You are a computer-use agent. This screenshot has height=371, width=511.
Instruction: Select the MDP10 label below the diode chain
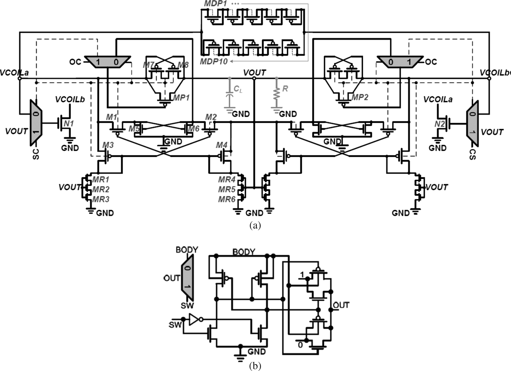click(214, 61)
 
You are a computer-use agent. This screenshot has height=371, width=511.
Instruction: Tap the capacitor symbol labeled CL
click(229, 96)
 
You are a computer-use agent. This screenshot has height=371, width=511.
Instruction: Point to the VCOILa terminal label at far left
click(14, 72)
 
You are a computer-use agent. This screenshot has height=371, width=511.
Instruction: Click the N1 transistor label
click(69, 124)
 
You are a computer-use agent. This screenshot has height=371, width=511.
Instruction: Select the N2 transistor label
click(440, 124)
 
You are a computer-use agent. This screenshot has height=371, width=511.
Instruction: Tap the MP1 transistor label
click(181, 98)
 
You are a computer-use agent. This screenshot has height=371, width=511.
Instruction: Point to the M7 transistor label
click(148, 65)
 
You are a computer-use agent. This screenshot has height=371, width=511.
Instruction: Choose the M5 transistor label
click(134, 129)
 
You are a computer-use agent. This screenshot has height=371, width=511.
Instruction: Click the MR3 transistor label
click(101, 199)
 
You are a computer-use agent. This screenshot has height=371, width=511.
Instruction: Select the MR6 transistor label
click(227, 199)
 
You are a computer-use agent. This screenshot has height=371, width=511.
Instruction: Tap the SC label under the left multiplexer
click(36, 154)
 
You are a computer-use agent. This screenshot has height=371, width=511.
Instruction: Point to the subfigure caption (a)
click(255, 225)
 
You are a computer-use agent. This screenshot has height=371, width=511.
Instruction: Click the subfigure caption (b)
click(255, 366)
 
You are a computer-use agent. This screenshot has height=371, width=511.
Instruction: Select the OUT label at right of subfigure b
click(341, 305)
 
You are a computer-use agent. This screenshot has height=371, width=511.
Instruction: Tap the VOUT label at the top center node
click(254, 72)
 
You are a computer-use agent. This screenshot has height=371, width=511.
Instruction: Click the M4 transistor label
click(222, 145)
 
